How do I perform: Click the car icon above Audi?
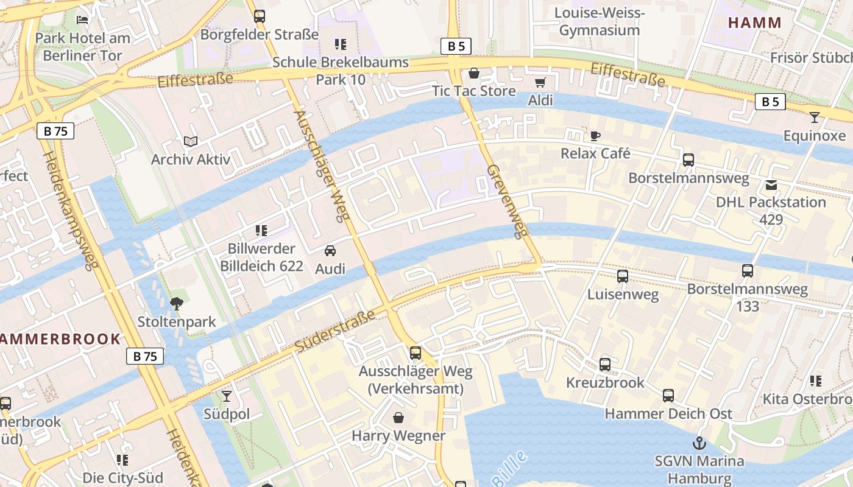click(330, 251)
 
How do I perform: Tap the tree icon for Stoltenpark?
click(177, 303)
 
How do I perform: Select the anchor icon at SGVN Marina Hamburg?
click(699, 443)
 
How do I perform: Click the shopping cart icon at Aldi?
click(540, 82)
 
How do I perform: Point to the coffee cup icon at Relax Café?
click(595, 135)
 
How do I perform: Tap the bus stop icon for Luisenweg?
click(622, 276)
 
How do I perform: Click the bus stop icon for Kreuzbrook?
click(604, 365)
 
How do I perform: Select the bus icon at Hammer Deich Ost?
click(668, 396)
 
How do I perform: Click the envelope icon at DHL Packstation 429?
click(771, 184)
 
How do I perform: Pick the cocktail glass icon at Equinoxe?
click(815, 117)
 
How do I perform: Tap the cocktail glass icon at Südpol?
click(227, 396)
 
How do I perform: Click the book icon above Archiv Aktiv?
click(191, 141)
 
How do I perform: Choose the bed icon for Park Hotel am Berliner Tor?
click(82, 19)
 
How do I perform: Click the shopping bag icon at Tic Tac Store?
click(473, 74)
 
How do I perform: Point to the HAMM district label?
click(754, 23)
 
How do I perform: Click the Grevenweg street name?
click(507, 201)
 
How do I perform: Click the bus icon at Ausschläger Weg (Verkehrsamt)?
click(416, 352)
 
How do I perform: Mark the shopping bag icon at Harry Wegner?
click(398, 418)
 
